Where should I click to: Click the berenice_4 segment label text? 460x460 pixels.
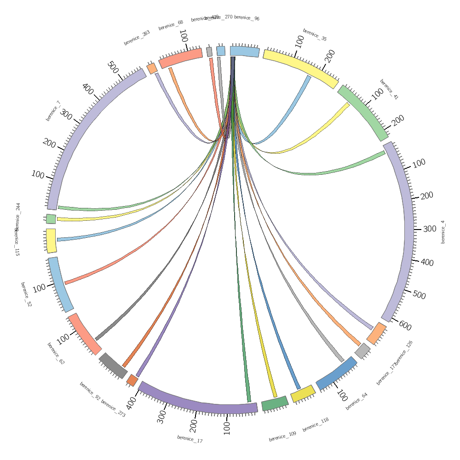pyautogui.click(x=443, y=232)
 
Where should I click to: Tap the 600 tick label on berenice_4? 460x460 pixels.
pyautogui.click(x=405, y=326)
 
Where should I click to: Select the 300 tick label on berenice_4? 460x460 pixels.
pyautogui.click(x=429, y=229)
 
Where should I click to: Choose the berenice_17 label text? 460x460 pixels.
pyautogui.click(x=190, y=439)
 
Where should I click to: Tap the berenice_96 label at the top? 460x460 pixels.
pyautogui.click(x=247, y=18)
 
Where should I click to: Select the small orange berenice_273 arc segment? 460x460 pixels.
pyautogui.click(x=132, y=380)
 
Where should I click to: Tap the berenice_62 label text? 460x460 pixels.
pyautogui.click(x=56, y=353)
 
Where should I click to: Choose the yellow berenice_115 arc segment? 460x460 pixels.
pyautogui.click(x=51, y=240)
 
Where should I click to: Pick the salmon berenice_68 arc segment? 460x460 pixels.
pyautogui.click(x=180, y=57)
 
